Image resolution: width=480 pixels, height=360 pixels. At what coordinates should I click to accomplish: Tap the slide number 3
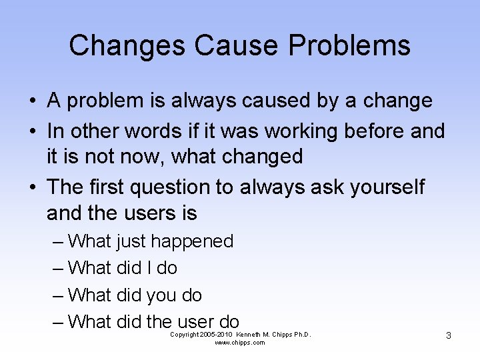[448, 335]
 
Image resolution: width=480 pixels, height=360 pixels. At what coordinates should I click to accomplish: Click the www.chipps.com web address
[240, 343]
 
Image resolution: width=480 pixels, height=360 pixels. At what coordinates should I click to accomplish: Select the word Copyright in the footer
[185, 334]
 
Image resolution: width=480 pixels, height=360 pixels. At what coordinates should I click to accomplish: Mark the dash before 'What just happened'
[58, 241]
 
